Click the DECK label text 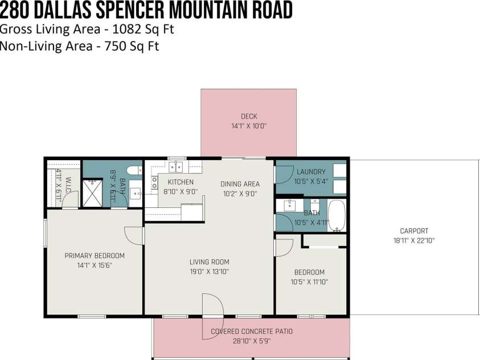click(248, 116)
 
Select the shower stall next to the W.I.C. click(92, 193)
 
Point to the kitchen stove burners click(154, 182)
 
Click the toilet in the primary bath click(134, 169)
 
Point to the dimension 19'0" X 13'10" click(209, 272)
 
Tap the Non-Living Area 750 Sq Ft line click(79, 46)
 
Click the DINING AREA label click(240, 184)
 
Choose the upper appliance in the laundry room click(339, 170)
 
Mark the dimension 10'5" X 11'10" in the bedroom click(309, 281)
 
